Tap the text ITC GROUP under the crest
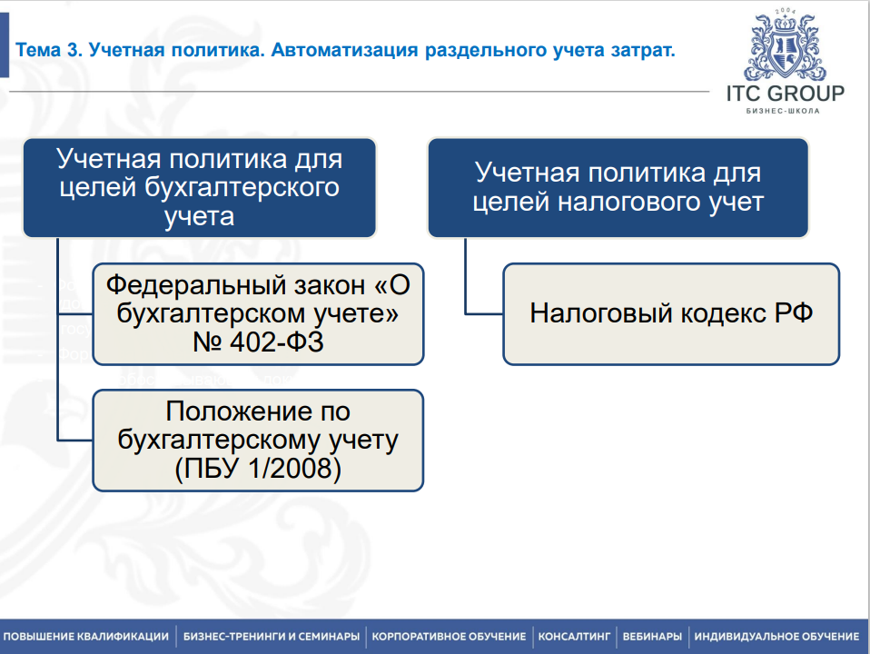click(x=785, y=94)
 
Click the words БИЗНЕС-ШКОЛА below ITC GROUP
click(x=785, y=112)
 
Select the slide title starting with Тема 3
click(x=346, y=50)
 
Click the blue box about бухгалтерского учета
click(x=199, y=188)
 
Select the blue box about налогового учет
click(x=618, y=188)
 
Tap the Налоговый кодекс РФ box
click(x=670, y=313)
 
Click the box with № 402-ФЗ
click(x=258, y=313)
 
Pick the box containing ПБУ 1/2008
click(x=258, y=441)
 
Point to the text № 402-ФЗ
click(x=258, y=342)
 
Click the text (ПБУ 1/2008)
click(x=258, y=469)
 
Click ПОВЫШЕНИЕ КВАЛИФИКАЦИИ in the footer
click(x=86, y=636)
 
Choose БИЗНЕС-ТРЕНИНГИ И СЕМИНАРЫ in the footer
click(x=272, y=636)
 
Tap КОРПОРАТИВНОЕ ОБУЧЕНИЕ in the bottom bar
click(x=449, y=636)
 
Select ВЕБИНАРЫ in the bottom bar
click(x=652, y=636)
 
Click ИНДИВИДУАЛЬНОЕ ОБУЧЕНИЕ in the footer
click(x=776, y=636)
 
